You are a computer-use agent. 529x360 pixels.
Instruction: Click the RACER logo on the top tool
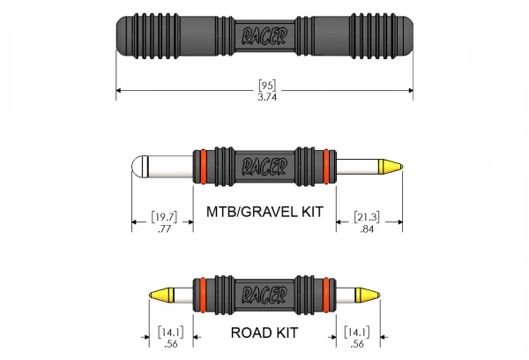click(x=265, y=36)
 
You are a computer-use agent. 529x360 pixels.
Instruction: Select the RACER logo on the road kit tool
click(x=264, y=293)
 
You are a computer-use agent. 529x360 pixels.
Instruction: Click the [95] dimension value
click(x=266, y=86)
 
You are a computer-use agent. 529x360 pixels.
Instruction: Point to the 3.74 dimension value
click(x=266, y=98)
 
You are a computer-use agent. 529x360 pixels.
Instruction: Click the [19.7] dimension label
click(x=162, y=216)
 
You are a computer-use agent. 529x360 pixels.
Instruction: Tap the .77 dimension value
click(x=162, y=229)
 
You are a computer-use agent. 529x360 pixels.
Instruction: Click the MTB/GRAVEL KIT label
click(x=264, y=213)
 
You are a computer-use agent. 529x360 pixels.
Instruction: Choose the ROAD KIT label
click(x=264, y=334)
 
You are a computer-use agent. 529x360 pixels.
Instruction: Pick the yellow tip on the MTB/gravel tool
click(x=391, y=167)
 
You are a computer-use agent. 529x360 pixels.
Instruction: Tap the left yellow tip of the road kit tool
click(x=161, y=293)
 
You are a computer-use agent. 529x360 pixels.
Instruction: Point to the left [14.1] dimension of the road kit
click(x=169, y=333)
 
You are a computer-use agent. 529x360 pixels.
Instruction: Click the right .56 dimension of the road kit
click(x=358, y=345)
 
